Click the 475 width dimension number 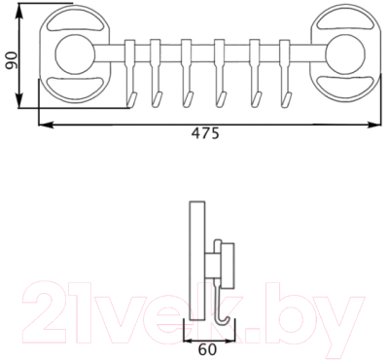point(203,135)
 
